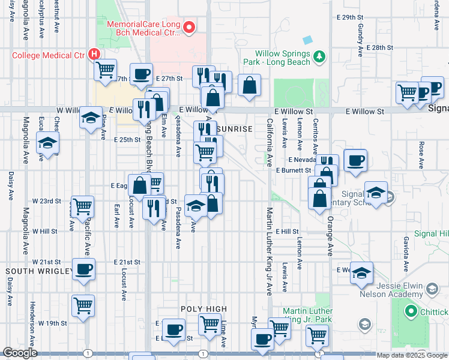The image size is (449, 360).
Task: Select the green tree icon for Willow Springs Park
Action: (320, 57)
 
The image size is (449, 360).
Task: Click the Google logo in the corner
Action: (20, 353)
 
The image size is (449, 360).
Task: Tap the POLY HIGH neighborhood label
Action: (204, 309)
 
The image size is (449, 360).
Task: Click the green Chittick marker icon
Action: (411, 311)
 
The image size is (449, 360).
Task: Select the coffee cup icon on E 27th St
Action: (141, 74)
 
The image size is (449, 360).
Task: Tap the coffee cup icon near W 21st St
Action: (83, 268)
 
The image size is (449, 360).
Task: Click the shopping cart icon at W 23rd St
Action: (83, 206)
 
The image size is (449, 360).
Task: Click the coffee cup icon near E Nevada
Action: (355, 160)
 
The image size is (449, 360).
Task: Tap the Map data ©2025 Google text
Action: (411, 355)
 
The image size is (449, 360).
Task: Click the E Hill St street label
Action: (288, 232)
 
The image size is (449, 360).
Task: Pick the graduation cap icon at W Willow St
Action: (91, 117)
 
